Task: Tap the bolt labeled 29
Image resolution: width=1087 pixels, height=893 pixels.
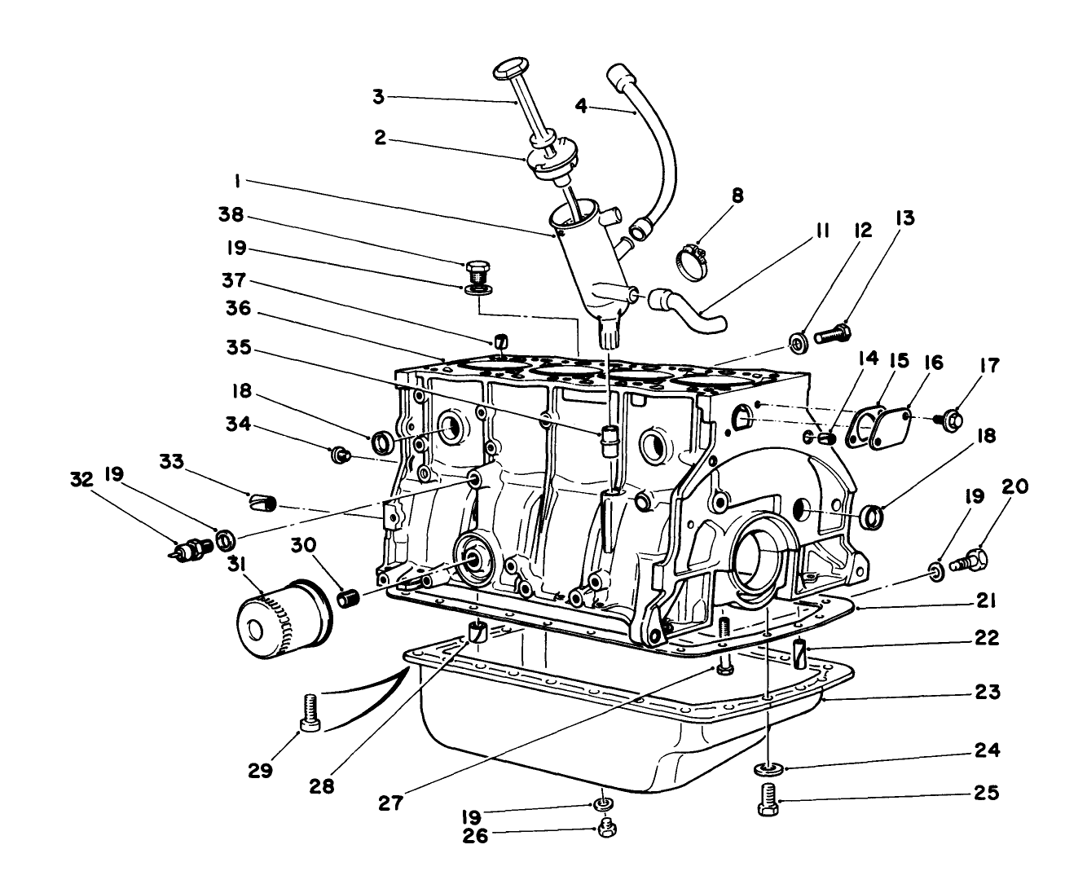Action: pyautogui.click(x=310, y=712)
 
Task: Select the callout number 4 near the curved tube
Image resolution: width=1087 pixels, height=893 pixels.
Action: pyautogui.click(x=581, y=107)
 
